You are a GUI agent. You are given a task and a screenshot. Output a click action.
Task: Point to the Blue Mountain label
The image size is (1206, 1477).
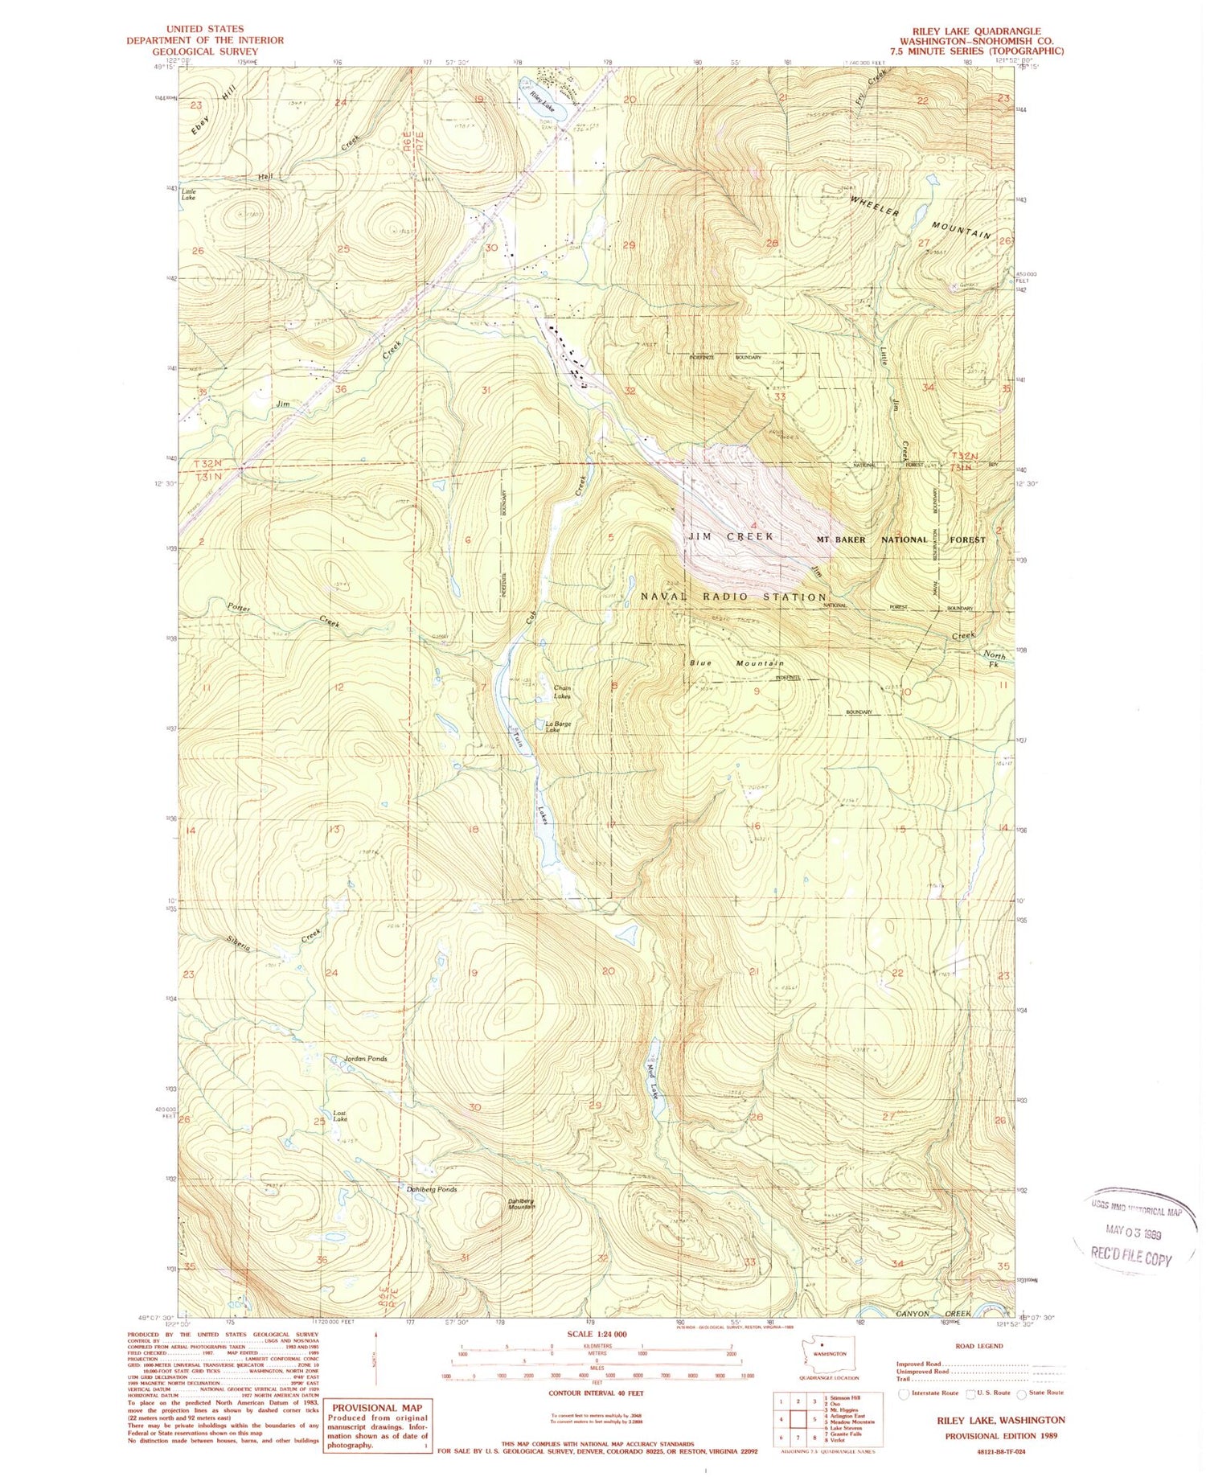(736, 663)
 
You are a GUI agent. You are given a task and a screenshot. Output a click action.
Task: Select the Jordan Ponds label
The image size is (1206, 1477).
(366, 1059)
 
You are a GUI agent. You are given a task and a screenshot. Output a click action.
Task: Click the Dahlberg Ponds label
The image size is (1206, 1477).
(427, 1189)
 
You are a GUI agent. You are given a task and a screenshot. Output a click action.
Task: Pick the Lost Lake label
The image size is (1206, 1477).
(340, 1116)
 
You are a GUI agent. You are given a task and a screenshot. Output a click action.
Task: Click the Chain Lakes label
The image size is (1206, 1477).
(563, 691)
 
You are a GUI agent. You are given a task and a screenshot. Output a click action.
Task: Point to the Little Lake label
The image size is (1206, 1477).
(189, 194)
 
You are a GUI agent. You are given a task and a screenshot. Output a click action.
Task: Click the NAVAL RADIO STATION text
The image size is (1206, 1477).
(733, 597)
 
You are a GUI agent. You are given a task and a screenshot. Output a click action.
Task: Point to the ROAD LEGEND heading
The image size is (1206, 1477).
(978, 1345)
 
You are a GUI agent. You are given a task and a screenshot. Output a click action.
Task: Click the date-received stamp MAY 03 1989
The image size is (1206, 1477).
(1137, 1233)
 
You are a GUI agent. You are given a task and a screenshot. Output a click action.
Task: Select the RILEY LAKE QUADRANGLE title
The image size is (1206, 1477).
(981, 31)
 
